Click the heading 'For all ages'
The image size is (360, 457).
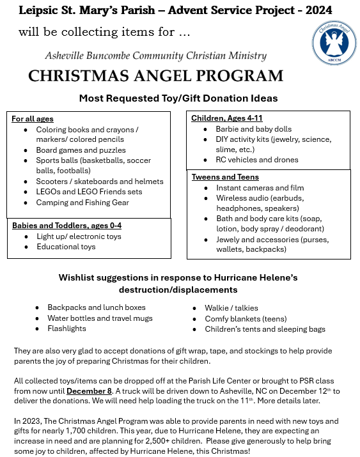click(x=33, y=119)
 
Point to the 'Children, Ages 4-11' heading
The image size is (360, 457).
click(x=227, y=118)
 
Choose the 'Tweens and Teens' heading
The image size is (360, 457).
click(x=225, y=177)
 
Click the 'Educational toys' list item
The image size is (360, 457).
click(x=66, y=247)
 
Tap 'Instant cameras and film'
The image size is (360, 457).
click(x=260, y=188)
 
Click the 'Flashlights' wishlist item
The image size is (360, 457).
click(x=67, y=329)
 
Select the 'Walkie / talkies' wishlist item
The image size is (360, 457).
click(x=228, y=307)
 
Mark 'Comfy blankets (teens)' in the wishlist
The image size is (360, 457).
click(x=246, y=318)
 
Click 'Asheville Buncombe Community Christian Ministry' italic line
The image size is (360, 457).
click(x=155, y=56)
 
